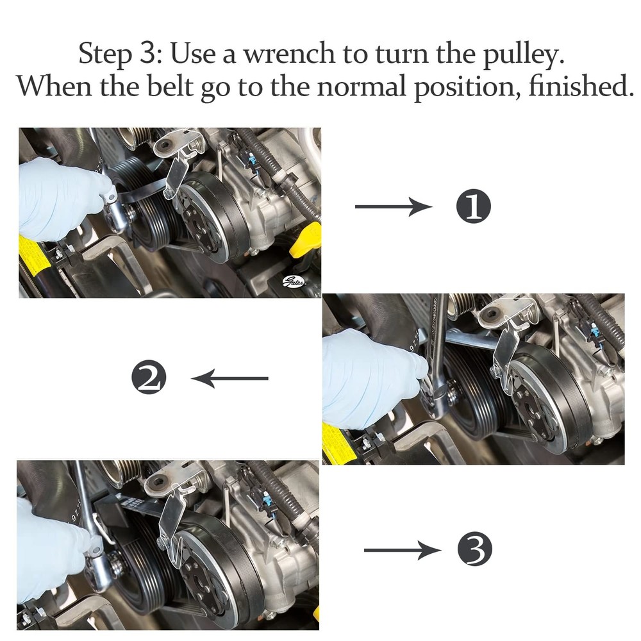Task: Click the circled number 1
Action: coord(472,208)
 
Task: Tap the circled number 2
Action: coord(149,378)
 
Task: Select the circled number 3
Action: coord(474,551)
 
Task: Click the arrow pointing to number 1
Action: coord(393,206)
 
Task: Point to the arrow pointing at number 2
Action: coord(229,378)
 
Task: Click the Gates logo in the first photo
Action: coord(294,281)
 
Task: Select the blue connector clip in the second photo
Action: coord(595,331)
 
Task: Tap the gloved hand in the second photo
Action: coord(369,378)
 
